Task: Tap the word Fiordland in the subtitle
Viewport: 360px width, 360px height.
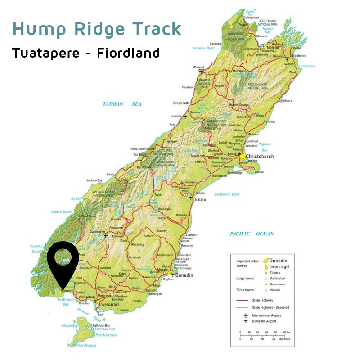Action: [x=129, y=53]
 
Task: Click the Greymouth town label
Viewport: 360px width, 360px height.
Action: [x=181, y=103]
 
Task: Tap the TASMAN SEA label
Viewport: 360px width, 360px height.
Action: [x=122, y=104]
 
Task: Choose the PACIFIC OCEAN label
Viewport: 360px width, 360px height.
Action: [x=252, y=234]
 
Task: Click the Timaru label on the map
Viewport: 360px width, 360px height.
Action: [x=200, y=199]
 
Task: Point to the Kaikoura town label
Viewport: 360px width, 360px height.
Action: [x=287, y=101]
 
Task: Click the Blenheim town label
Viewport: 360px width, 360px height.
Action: [x=299, y=55]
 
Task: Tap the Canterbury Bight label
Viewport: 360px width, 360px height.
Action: [x=227, y=194]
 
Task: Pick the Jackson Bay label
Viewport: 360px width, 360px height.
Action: [x=94, y=180]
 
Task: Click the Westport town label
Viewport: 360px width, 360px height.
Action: [x=198, y=67]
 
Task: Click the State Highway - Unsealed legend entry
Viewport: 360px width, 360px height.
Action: [x=270, y=307]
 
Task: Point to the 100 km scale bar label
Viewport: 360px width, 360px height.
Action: [x=285, y=333]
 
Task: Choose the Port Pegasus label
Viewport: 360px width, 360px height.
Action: [x=85, y=346]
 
